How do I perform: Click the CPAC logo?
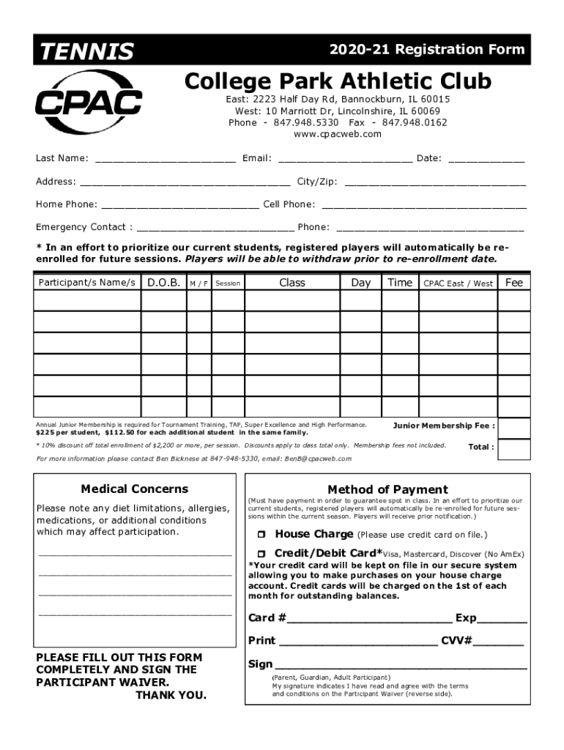coord(89,103)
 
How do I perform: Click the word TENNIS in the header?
coord(86,51)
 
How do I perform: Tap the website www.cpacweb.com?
coord(338,134)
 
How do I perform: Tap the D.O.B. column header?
coord(164,283)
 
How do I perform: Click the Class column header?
coord(292,283)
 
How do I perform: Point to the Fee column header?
coord(514,283)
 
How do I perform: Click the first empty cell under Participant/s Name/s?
coord(87,301)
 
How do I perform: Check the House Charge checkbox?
coord(260,535)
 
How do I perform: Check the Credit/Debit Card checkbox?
coord(260,554)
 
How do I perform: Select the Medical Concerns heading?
coord(135,489)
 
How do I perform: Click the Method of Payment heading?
coord(387,489)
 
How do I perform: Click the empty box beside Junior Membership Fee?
coord(514,427)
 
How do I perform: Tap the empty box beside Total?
coord(514,448)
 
